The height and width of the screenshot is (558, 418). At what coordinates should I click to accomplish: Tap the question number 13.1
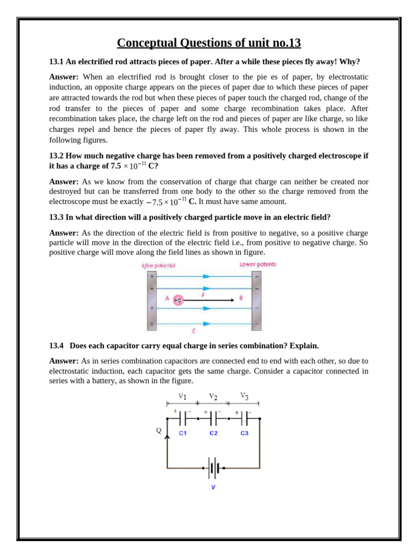57,62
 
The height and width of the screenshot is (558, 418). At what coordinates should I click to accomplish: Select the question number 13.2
57,156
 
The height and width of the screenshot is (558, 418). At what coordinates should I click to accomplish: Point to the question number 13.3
57,217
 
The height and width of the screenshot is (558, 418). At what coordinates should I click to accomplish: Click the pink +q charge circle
178,300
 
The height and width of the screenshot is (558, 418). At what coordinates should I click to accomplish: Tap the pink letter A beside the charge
167,299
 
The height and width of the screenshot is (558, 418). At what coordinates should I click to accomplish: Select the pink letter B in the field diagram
241,299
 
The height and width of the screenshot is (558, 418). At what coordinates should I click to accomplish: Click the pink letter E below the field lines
194,330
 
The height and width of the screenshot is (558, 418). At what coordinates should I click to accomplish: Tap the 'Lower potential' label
258,265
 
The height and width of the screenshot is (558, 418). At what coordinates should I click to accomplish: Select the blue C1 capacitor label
183,433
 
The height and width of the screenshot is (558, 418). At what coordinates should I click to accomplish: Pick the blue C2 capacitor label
213,433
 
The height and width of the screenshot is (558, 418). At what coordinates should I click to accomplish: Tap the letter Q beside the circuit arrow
159,430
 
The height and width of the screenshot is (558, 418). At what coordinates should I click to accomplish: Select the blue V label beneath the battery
213,487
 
